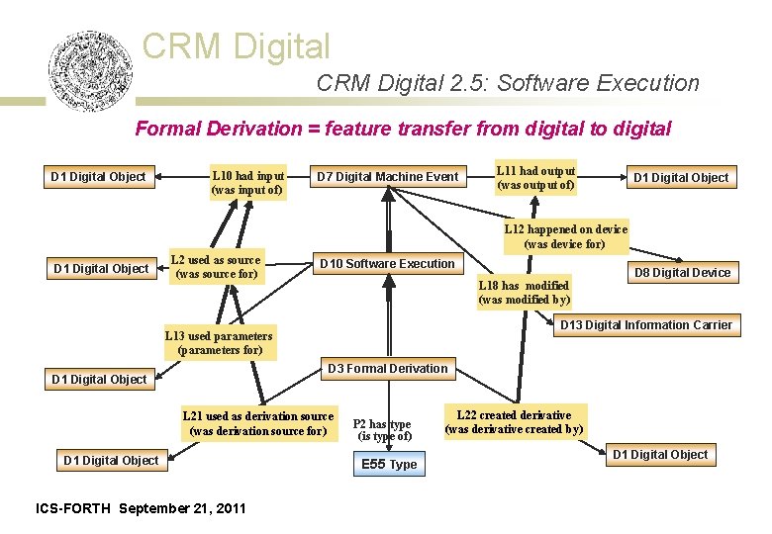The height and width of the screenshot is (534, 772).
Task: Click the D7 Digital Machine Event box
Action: [x=387, y=177]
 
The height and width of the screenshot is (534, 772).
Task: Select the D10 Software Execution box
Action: [x=386, y=263]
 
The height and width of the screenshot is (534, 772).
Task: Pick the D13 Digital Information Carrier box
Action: [x=645, y=325]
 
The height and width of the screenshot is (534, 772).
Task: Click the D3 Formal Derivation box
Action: [x=387, y=369]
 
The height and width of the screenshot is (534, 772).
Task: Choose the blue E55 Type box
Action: [x=389, y=464]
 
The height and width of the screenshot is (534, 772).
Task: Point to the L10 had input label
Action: [x=247, y=181]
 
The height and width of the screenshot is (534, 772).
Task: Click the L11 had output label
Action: [x=536, y=178]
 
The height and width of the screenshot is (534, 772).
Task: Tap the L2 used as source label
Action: [x=216, y=267]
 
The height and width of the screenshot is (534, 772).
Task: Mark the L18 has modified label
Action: [x=524, y=292]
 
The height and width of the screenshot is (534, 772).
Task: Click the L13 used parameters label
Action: [x=219, y=342]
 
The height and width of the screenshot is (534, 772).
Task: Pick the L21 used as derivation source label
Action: [x=257, y=423]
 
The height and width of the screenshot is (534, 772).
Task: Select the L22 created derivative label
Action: [x=514, y=421]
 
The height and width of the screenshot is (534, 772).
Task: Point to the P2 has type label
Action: [x=382, y=430]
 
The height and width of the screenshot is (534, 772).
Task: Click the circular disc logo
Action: [x=89, y=71]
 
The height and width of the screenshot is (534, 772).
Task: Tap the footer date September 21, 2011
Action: [x=182, y=508]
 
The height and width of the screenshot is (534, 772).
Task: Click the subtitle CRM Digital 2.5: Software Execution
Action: [x=508, y=84]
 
